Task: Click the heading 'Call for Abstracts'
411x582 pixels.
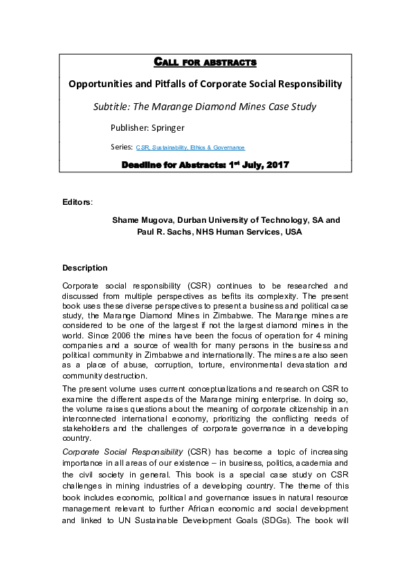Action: [x=204, y=63]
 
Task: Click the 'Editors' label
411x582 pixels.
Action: [x=76, y=202]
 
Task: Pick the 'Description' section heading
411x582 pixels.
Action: [x=84, y=267]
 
